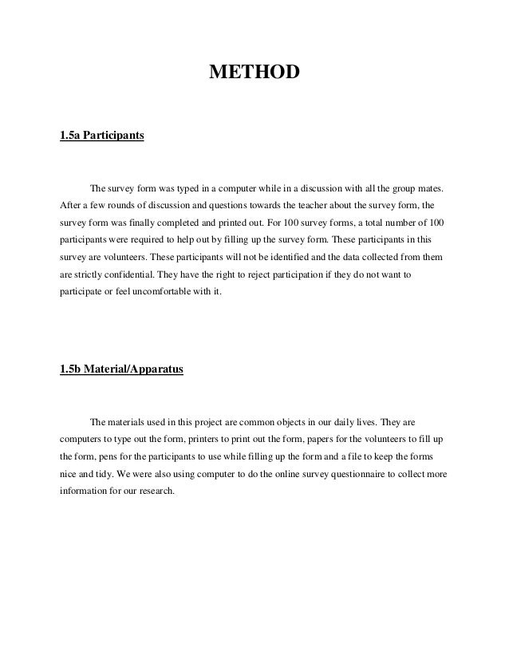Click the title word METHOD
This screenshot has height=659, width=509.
pyautogui.click(x=254, y=74)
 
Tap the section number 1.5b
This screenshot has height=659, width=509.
pyautogui.click(x=71, y=369)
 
